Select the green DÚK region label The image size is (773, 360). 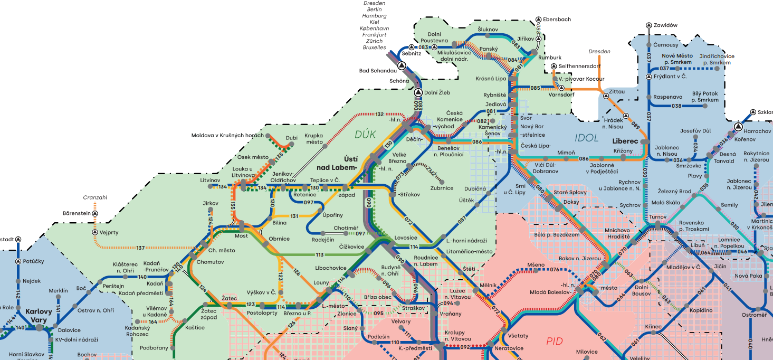pos(365,135)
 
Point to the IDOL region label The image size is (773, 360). pos(587,138)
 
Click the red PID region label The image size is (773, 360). pos(554,341)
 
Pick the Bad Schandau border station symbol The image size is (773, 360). pos(402,66)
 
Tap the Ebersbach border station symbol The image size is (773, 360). pos(538,19)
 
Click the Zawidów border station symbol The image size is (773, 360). pos(648,25)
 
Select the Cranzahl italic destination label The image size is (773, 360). pos(95,197)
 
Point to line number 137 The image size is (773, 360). pos(140,248)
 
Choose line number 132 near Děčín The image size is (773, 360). pos(379,115)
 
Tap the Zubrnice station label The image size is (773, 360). pos(442,188)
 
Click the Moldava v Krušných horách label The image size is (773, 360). pos(227,136)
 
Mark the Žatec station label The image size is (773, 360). pos(229,299)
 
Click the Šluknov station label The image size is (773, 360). pos(488,29)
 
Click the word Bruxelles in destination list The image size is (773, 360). pos(374,48)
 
